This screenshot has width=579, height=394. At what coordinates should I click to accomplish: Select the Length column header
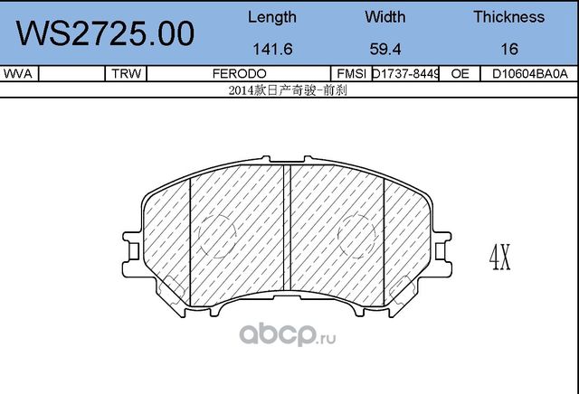pyautogui.click(x=271, y=17)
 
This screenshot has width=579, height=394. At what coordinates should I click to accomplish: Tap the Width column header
pyautogui.click(x=384, y=17)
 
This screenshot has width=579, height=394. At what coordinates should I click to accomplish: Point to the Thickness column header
pyautogui.click(x=508, y=17)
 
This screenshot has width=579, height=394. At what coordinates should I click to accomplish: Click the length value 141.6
pyautogui.click(x=271, y=52)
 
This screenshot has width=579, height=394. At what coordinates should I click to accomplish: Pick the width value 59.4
pyautogui.click(x=384, y=52)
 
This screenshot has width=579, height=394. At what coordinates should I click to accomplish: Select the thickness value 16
pyautogui.click(x=508, y=52)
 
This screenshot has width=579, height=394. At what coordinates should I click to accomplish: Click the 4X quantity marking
pyautogui.click(x=499, y=260)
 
